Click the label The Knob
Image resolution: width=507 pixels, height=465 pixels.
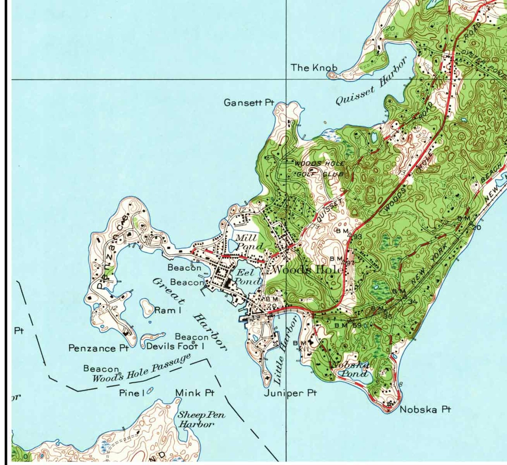314,68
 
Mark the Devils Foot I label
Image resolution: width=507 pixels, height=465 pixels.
175,346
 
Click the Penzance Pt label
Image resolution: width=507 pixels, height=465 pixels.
99,348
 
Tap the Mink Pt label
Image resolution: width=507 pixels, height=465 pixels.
195,393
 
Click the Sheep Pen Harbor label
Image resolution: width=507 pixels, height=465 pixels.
201,420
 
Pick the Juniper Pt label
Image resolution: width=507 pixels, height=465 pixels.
290,393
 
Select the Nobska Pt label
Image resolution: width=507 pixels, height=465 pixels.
425,409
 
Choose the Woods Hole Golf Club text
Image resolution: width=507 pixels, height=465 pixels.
319,169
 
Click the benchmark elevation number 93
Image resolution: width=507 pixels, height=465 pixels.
358,237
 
